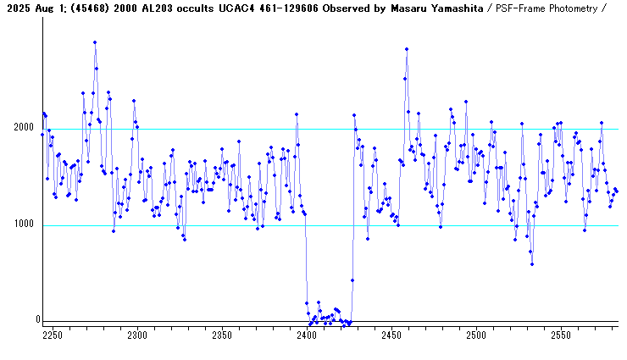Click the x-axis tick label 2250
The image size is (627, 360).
tap(53, 335)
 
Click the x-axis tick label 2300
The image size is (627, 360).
tap(136, 335)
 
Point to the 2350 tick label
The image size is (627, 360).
tap(221, 335)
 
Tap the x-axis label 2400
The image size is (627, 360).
tap(306, 335)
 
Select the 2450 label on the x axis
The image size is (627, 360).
tap(391, 335)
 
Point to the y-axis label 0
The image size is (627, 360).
tap(37, 320)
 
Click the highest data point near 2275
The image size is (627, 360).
tap(95, 42)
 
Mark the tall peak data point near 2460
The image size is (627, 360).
tap(407, 49)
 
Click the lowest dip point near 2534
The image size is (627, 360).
tap(532, 264)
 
